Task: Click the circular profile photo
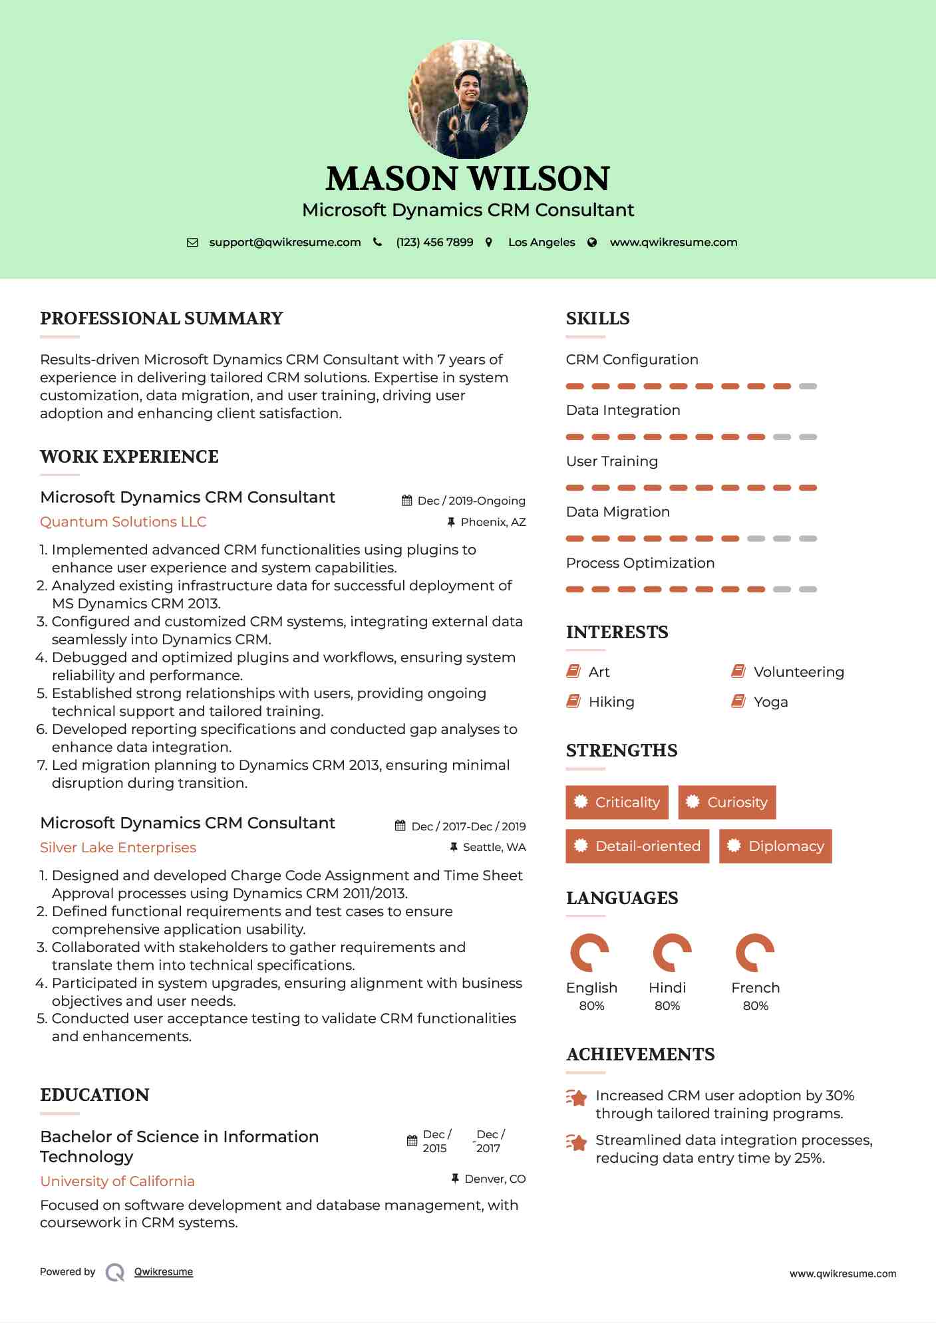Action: tap(468, 99)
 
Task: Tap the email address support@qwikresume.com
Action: tap(285, 242)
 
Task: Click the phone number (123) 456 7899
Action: tap(434, 242)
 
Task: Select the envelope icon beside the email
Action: tap(192, 243)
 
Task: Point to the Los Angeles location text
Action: tap(542, 242)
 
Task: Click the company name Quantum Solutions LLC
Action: tap(123, 522)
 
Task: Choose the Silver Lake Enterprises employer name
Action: tap(118, 848)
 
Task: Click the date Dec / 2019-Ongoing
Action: tap(471, 501)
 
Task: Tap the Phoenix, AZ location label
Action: tap(493, 522)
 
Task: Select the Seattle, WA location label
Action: tap(494, 847)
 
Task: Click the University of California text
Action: tap(117, 1181)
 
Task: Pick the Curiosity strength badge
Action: tap(727, 802)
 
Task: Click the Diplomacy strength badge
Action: tap(776, 846)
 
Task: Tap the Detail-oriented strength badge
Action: tap(637, 846)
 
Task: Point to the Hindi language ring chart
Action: tap(672, 953)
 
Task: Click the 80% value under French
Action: tap(756, 1006)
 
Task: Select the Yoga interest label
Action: tap(770, 702)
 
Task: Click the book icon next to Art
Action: tap(573, 671)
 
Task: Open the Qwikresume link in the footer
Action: tap(164, 1272)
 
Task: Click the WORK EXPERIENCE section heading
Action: tap(129, 457)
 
